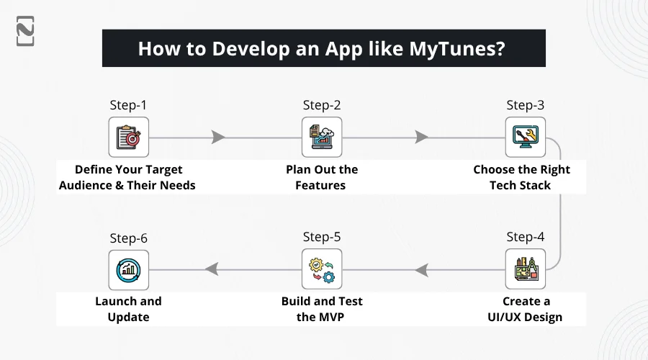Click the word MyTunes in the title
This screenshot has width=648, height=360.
[x=456, y=49]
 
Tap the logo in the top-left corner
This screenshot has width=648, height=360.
[x=25, y=31]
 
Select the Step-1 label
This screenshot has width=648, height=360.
[x=128, y=105]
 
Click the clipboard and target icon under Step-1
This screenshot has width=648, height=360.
[x=129, y=138]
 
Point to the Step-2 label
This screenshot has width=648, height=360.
[x=322, y=105]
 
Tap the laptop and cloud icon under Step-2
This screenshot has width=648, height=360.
[x=322, y=137]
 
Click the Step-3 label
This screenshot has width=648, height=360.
[x=526, y=105]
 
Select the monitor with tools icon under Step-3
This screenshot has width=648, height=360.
[x=526, y=137]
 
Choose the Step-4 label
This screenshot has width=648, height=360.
[x=526, y=237]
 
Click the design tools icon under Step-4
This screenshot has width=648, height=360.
[x=526, y=269]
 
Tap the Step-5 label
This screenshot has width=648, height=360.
[x=322, y=237]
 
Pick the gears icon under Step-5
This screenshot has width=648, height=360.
[x=322, y=270]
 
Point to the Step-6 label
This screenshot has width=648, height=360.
[x=129, y=238]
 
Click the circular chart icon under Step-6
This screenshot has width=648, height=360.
[x=129, y=270]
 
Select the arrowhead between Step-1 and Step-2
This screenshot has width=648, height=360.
[x=217, y=138]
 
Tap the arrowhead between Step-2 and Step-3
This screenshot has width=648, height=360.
[x=421, y=137]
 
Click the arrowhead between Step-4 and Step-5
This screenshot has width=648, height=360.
[x=421, y=270]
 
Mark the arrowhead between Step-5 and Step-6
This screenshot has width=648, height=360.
[x=212, y=269]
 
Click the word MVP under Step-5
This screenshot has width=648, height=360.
[x=331, y=317]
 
